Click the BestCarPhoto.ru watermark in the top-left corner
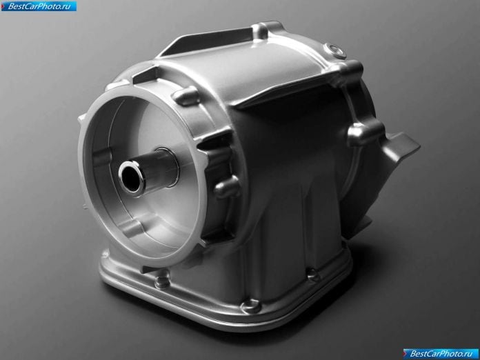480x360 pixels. tap(39, 6)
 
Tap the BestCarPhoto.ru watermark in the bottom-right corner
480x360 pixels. tap(441, 354)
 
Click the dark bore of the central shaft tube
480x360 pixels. tap(130, 178)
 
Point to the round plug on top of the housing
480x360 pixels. tap(335, 50)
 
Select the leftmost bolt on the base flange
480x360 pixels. tap(162, 282)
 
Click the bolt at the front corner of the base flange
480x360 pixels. tap(251, 306)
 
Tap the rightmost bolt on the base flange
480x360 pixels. tap(313, 274)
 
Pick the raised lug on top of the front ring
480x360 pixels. tap(186, 95)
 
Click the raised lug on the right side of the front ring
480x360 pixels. tap(227, 186)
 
